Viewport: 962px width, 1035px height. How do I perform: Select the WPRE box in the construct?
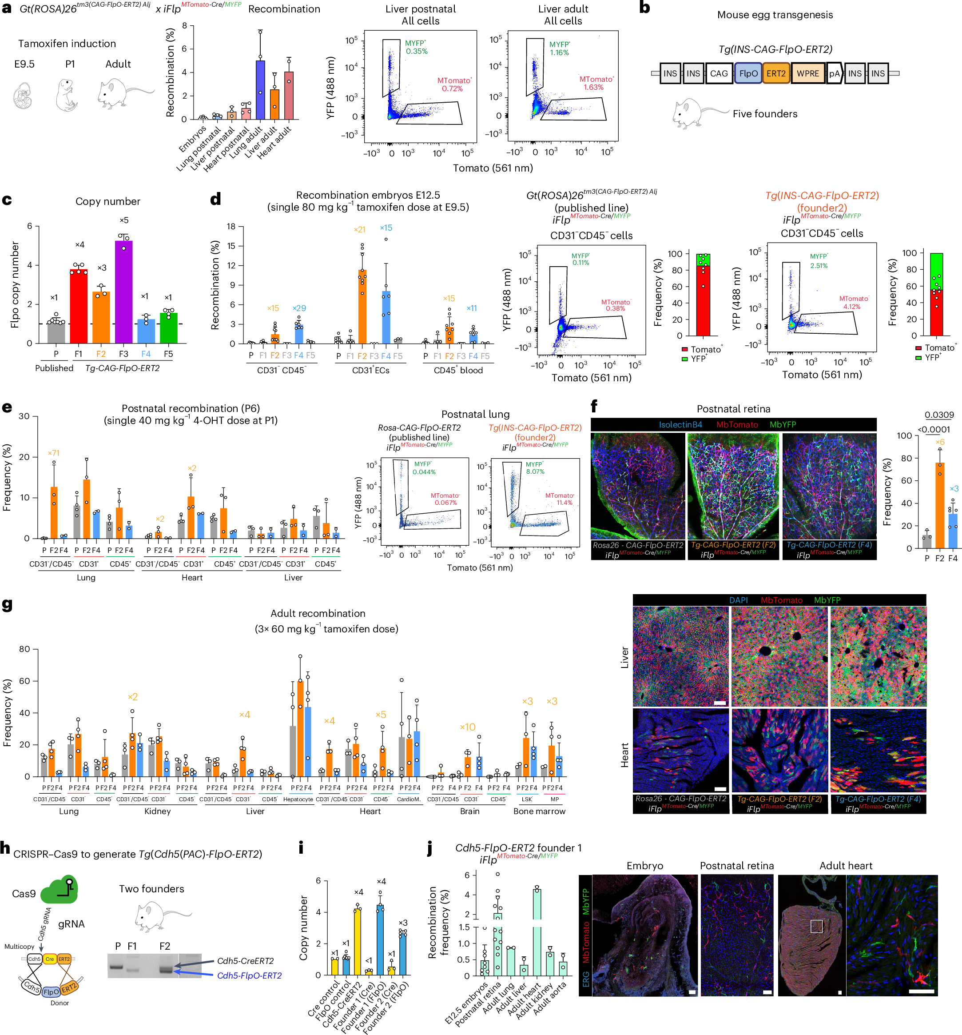[x=807, y=73]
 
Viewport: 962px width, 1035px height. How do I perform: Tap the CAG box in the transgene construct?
[x=719, y=73]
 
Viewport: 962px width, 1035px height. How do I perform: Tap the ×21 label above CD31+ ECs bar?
[x=359, y=229]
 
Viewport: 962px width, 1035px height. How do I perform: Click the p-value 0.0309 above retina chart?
[x=939, y=415]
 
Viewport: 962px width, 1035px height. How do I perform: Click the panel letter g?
[x=7, y=605]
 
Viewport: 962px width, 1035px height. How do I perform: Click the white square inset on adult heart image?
[x=816, y=926]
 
